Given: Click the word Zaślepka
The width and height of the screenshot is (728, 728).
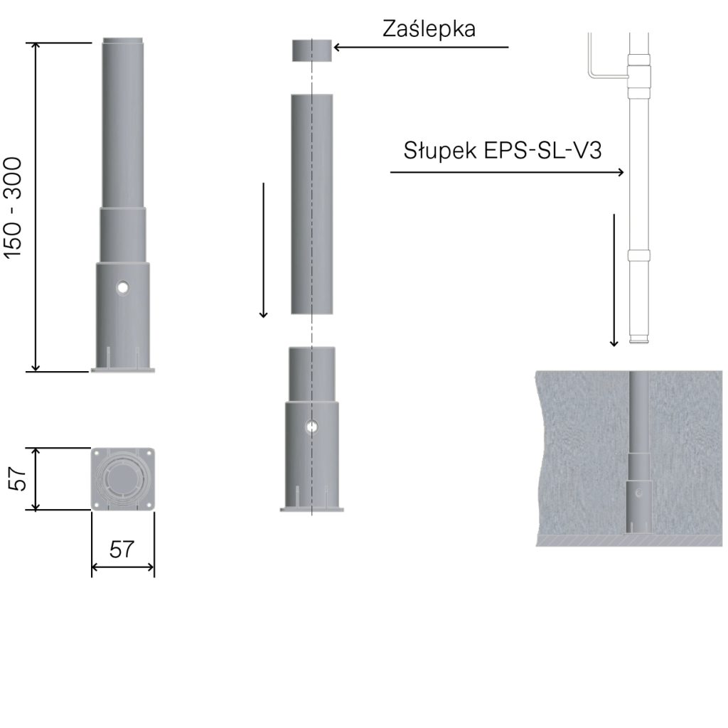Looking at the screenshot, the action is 429,28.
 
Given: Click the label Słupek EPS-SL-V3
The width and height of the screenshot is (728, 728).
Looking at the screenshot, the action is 503,151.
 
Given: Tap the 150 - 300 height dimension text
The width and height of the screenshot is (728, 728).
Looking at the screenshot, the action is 13,208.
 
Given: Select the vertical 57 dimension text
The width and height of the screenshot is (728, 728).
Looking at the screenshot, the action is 17,478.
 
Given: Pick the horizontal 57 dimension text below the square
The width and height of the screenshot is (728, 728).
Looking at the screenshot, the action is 122,550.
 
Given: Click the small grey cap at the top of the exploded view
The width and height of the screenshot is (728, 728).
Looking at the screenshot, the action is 311,50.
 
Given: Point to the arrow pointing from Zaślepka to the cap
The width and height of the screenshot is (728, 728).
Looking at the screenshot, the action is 421,47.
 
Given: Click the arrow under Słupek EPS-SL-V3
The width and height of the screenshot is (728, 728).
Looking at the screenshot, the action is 507,172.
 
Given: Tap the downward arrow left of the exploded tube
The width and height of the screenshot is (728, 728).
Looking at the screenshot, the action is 263,250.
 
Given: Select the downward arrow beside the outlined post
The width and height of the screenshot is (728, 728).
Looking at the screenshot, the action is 614,280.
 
